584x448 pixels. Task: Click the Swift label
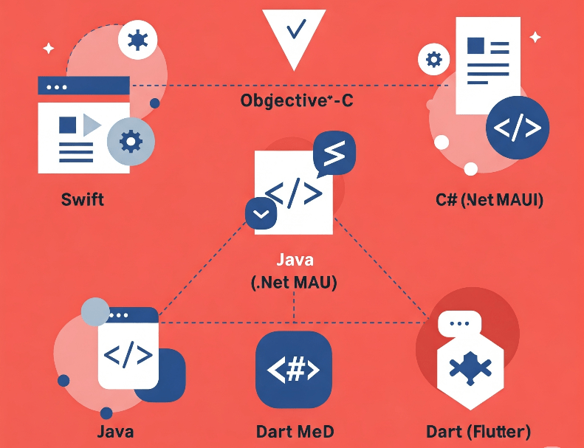click(x=83, y=199)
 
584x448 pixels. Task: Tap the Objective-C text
click(x=297, y=100)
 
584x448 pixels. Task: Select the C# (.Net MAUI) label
click(x=489, y=199)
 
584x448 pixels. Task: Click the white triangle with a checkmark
click(x=294, y=33)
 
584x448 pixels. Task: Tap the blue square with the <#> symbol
click(x=293, y=370)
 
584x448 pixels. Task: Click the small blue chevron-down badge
click(x=261, y=214)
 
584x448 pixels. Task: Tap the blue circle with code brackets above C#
click(x=518, y=128)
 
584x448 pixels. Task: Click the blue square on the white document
click(x=475, y=46)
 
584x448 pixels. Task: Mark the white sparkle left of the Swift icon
click(x=48, y=49)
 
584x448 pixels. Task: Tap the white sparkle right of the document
click(x=535, y=37)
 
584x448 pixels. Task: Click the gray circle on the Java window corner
click(x=95, y=311)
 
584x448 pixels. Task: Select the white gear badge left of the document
click(x=433, y=59)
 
